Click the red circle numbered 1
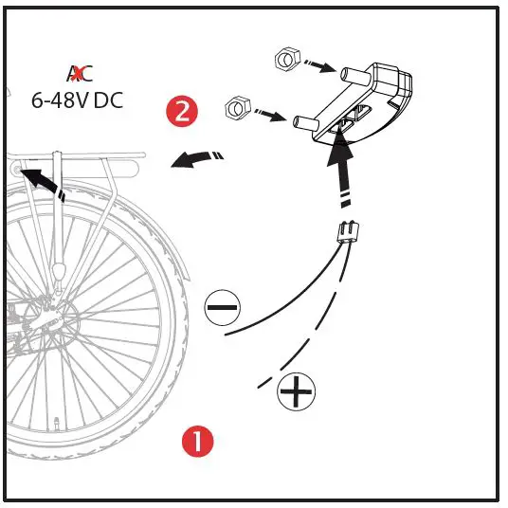pyautogui.click(x=197, y=441)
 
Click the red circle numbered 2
pyautogui.click(x=182, y=112)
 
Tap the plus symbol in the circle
pyautogui.click(x=297, y=390)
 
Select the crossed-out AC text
pyautogui.click(x=80, y=74)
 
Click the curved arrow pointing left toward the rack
pyautogui.click(x=197, y=158)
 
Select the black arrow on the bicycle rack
pyautogui.click(x=40, y=180)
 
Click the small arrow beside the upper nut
pyautogui.click(x=317, y=67)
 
